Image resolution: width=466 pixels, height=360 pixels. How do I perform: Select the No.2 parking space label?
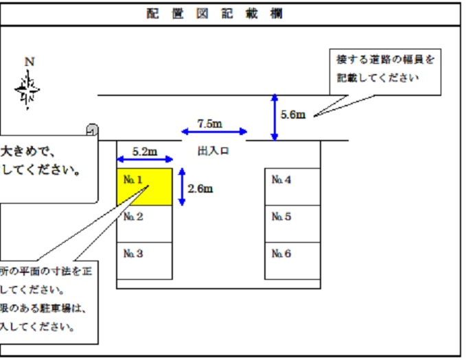pos(132,217)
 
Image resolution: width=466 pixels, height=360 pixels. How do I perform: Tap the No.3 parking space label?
pos(132,254)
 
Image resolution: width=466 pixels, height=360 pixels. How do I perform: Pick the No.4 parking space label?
pos(281,180)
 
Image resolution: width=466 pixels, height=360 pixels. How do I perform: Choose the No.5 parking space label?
pos(281,217)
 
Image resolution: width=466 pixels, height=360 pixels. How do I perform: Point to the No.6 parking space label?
pos(281,254)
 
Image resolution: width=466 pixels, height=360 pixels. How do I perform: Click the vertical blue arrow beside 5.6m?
pos(275,117)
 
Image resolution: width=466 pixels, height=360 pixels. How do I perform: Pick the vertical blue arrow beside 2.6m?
pos(181,187)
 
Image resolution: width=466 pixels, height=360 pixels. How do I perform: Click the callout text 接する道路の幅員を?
pos(385,60)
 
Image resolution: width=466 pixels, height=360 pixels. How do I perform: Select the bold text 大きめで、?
pos(27,149)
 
